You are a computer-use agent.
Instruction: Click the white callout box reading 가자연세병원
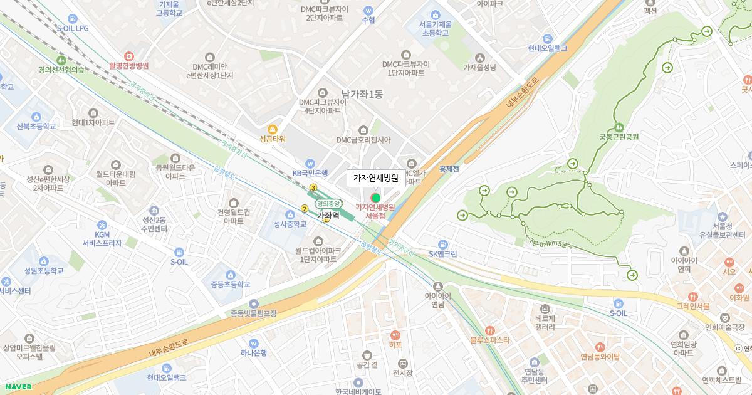pos(376,178)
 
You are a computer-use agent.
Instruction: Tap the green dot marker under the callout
pos(376,198)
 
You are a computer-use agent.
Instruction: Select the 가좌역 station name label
pos(328,215)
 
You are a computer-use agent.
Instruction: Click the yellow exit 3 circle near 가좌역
pos(313,188)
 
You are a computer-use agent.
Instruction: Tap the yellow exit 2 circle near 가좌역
pos(305,209)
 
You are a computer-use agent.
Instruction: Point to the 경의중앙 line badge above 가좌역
pos(328,203)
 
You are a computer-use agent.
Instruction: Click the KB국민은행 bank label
pos(310,172)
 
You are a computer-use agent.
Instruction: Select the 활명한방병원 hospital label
pos(128,65)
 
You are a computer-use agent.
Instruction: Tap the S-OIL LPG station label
pos(73,28)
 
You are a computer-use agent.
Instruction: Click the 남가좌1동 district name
pos(362,95)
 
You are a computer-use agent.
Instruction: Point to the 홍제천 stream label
pos(449,169)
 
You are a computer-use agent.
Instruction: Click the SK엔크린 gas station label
pos(443,254)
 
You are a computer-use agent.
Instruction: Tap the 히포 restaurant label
pos(395,344)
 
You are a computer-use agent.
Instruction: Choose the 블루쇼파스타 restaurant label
pos(490,340)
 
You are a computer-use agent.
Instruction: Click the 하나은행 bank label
pos(254,352)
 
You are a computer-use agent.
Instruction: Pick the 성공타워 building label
pos(272,139)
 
